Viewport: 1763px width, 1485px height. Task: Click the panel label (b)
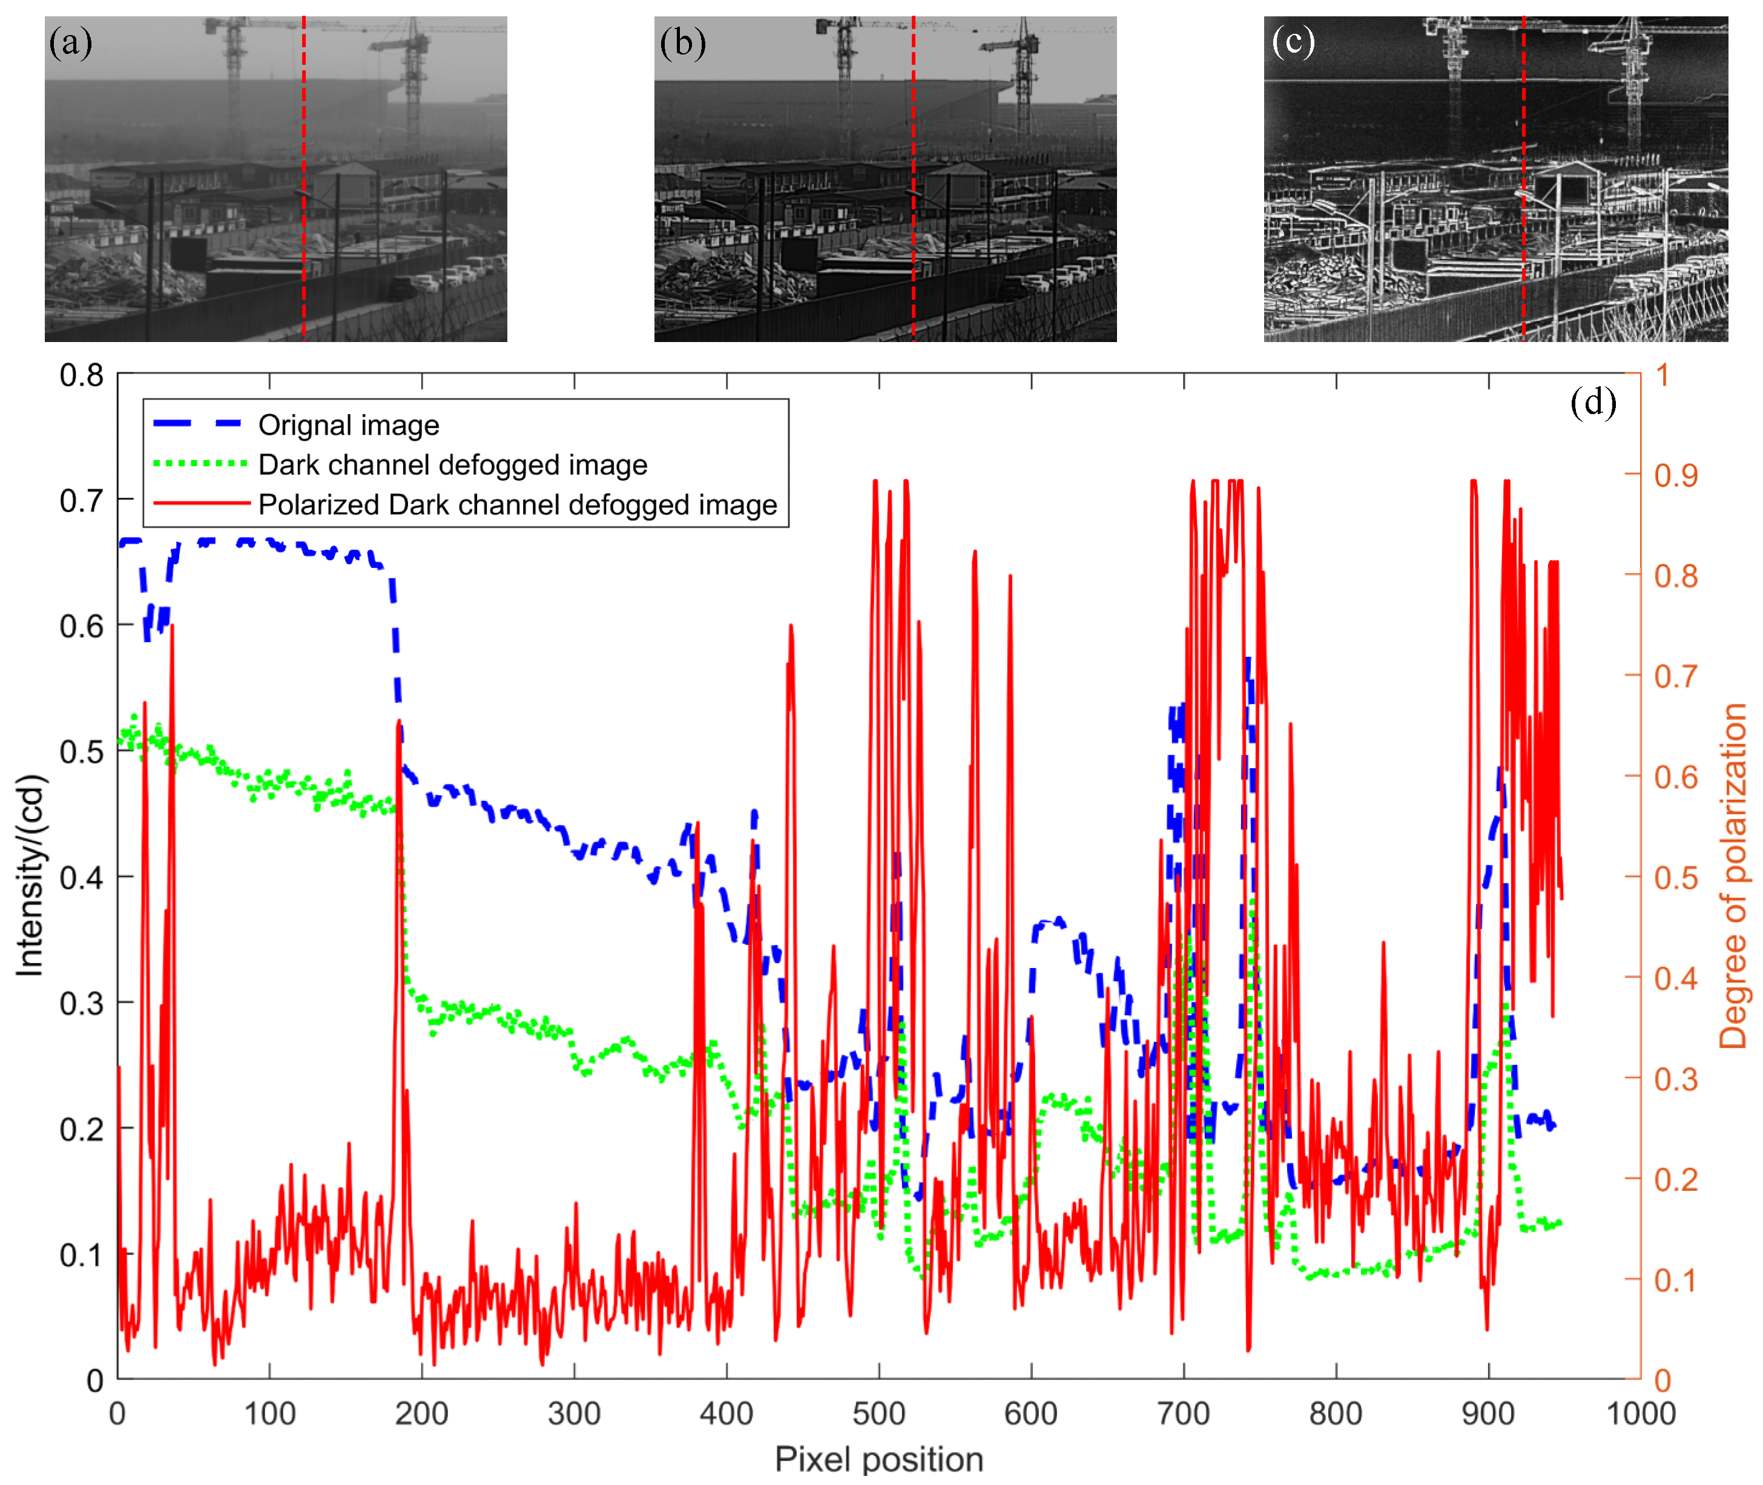coord(682,42)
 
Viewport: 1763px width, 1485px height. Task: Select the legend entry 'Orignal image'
coord(349,425)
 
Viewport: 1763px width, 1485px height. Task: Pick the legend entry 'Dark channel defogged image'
coord(452,465)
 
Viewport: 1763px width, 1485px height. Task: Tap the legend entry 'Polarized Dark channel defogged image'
coord(517,504)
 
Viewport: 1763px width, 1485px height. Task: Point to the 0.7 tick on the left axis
coord(81,501)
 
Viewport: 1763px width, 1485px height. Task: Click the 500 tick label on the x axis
coord(878,1414)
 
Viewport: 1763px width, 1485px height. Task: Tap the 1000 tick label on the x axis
coord(1640,1414)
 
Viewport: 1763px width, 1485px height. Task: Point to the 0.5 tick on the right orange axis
coord(1675,878)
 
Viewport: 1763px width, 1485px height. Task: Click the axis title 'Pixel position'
coord(878,1460)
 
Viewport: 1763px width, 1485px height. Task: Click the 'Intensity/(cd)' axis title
coord(30,875)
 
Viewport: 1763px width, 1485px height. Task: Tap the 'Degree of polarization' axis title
coord(1733,875)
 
